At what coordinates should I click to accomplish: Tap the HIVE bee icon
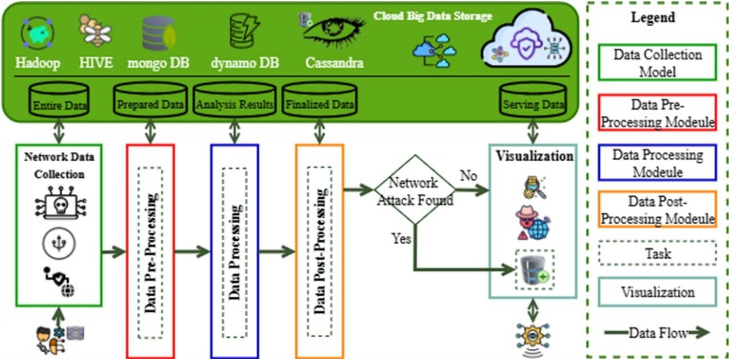point(95,31)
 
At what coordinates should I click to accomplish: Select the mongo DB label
point(158,63)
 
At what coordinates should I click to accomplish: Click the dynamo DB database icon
point(244,31)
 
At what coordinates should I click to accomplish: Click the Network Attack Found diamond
point(415,190)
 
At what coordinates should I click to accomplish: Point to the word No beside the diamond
point(468,176)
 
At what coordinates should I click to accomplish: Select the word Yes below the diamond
point(401,238)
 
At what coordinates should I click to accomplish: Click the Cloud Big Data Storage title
point(432,16)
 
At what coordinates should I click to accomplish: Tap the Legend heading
point(653,17)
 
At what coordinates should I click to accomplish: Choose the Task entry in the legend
point(657,254)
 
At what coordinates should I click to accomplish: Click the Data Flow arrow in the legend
point(657,333)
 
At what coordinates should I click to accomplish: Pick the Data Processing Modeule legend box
point(657,163)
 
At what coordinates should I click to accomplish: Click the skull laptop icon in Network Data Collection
point(60,203)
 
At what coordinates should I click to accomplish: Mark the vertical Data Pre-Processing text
point(151,253)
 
